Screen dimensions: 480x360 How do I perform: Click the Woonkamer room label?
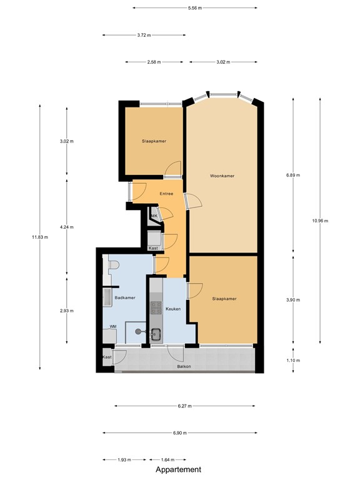pos(222,176)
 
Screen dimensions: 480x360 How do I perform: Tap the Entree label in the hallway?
pos(166,194)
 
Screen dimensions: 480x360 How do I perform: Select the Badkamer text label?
pos(125,297)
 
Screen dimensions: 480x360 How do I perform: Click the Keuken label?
pos(173,309)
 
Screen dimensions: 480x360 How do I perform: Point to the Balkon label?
pos(184,366)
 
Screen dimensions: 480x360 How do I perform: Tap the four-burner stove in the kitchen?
pos(156,307)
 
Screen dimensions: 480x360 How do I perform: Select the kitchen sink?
pos(156,334)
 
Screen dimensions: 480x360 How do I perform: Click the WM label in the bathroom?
pos(113,327)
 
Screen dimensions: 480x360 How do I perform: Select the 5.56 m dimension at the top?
pos(195,7)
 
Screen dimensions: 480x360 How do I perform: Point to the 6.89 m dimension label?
pos(292,176)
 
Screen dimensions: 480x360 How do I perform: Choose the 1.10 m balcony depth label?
pos(292,361)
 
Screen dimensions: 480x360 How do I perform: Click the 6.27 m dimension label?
pos(184,406)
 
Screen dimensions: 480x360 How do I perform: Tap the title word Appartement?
pos(179,469)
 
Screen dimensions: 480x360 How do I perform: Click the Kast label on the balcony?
pos(107,357)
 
